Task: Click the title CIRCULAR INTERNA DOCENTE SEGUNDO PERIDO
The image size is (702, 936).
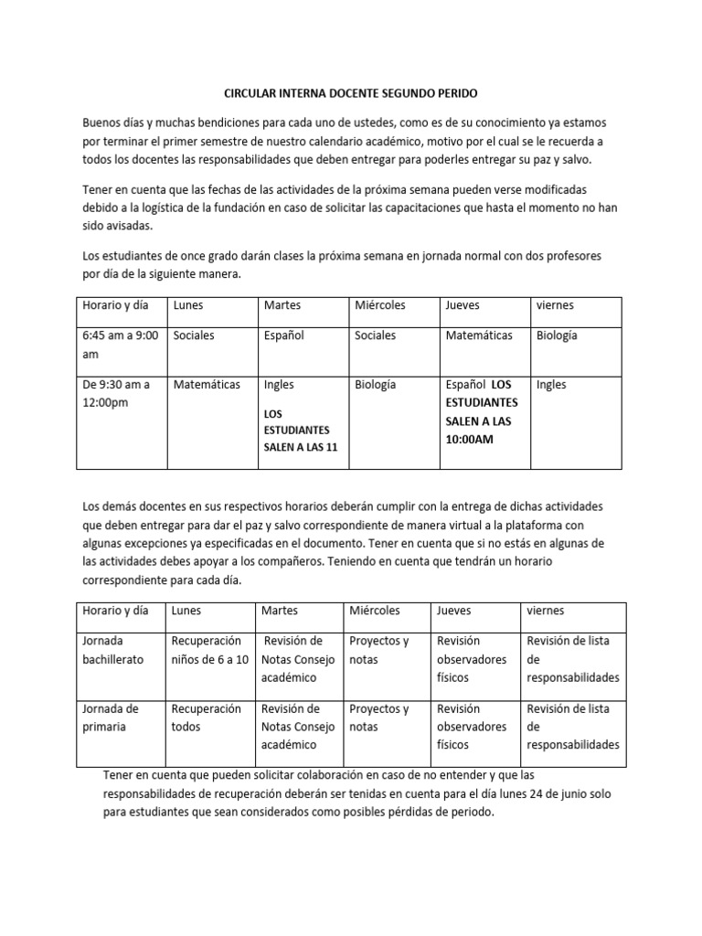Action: coord(350,94)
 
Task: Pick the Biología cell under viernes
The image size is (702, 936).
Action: coord(557,335)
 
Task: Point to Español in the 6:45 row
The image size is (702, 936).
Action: coord(283,335)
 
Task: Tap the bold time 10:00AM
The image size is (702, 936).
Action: coord(469,439)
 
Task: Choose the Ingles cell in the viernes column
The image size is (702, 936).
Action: coord(552,385)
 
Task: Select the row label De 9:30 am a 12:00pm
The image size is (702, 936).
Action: coord(117,393)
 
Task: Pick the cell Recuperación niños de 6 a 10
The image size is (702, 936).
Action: coord(209,650)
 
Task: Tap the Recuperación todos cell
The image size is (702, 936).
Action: coord(206,718)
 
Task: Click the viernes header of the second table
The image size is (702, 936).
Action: coord(546,610)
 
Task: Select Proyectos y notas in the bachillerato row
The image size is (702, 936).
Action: coord(379,650)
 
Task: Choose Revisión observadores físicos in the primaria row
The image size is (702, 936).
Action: coord(472,727)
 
